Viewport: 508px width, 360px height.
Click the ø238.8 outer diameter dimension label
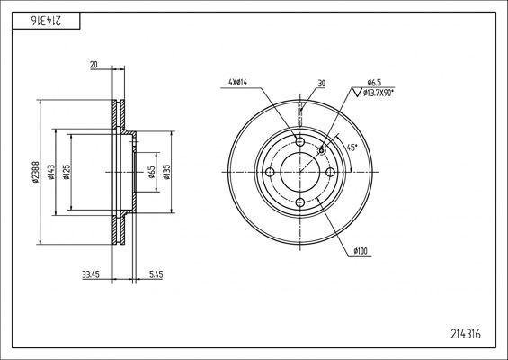tap(36, 172)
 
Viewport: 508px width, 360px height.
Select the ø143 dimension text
tap(51, 172)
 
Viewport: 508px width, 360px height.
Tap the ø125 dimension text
tap(67, 172)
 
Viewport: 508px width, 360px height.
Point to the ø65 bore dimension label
tap(151, 172)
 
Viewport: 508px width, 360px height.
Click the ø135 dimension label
tap(166, 172)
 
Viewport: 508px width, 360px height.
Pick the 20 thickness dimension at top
tap(94, 65)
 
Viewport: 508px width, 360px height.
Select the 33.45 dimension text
tap(91, 275)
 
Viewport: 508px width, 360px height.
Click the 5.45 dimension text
tap(156, 275)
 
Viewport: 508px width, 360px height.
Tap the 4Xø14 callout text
tap(237, 83)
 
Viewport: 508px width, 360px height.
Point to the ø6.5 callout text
tap(374, 83)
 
